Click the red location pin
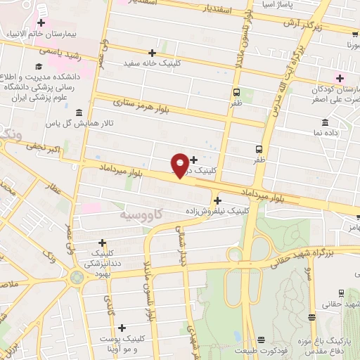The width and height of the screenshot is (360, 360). click(x=181, y=165)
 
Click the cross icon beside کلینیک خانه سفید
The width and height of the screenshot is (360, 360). click(x=152, y=53)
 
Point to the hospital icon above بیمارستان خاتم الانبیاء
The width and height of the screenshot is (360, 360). click(x=41, y=23)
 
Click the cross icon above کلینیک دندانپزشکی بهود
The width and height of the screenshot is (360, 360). click(x=102, y=242)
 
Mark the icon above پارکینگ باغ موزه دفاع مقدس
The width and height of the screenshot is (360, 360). click(x=341, y=293)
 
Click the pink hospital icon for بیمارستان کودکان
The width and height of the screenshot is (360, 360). click(x=340, y=78)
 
